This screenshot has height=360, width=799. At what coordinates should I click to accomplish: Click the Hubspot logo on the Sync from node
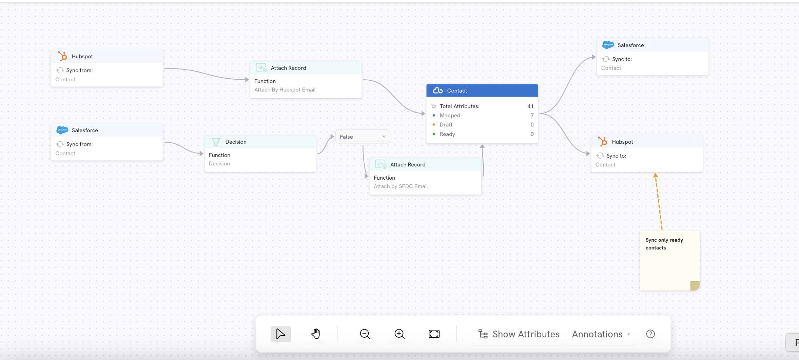pyautogui.click(x=62, y=56)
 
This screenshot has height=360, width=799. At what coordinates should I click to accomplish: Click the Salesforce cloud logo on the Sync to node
pyautogui.click(x=608, y=45)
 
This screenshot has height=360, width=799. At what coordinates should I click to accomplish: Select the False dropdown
pyautogui.click(x=363, y=137)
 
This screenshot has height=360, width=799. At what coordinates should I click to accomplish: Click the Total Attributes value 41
pyautogui.click(x=530, y=106)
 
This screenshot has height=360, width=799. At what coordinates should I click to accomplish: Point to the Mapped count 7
pyautogui.click(x=532, y=115)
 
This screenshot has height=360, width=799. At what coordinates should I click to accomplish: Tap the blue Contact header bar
pyautogui.click(x=482, y=91)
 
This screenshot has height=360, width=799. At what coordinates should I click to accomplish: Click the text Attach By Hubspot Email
pyautogui.click(x=285, y=90)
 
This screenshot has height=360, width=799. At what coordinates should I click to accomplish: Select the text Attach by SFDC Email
pyautogui.click(x=401, y=186)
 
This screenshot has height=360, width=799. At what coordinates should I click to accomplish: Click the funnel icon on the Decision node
pyautogui.click(x=216, y=142)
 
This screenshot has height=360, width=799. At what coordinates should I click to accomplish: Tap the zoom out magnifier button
pyautogui.click(x=365, y=334)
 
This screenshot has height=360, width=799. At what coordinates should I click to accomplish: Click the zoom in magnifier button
pyautogui.click(x=399, y=334)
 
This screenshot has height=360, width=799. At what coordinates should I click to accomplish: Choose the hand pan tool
pyautogui.click(x=315, y=334)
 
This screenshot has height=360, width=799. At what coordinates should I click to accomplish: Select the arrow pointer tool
pyautogui.click(x=281, y=334)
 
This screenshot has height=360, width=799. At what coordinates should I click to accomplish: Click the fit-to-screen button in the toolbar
pyautogui.click(x=434, y=334)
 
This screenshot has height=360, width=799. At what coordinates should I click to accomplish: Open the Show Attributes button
pyautogui.click(x=519, y=334)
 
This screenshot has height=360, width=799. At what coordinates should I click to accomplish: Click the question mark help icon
pyautogui.click(x=650, y=334)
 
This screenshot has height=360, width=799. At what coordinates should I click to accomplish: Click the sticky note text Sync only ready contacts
pyautogui.click(x=664, y=244)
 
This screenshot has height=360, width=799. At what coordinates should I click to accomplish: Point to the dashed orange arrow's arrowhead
pyautogui.click(x=656, y=175)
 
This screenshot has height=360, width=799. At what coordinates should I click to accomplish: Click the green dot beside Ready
pyautogui.click(x=434, y=134)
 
